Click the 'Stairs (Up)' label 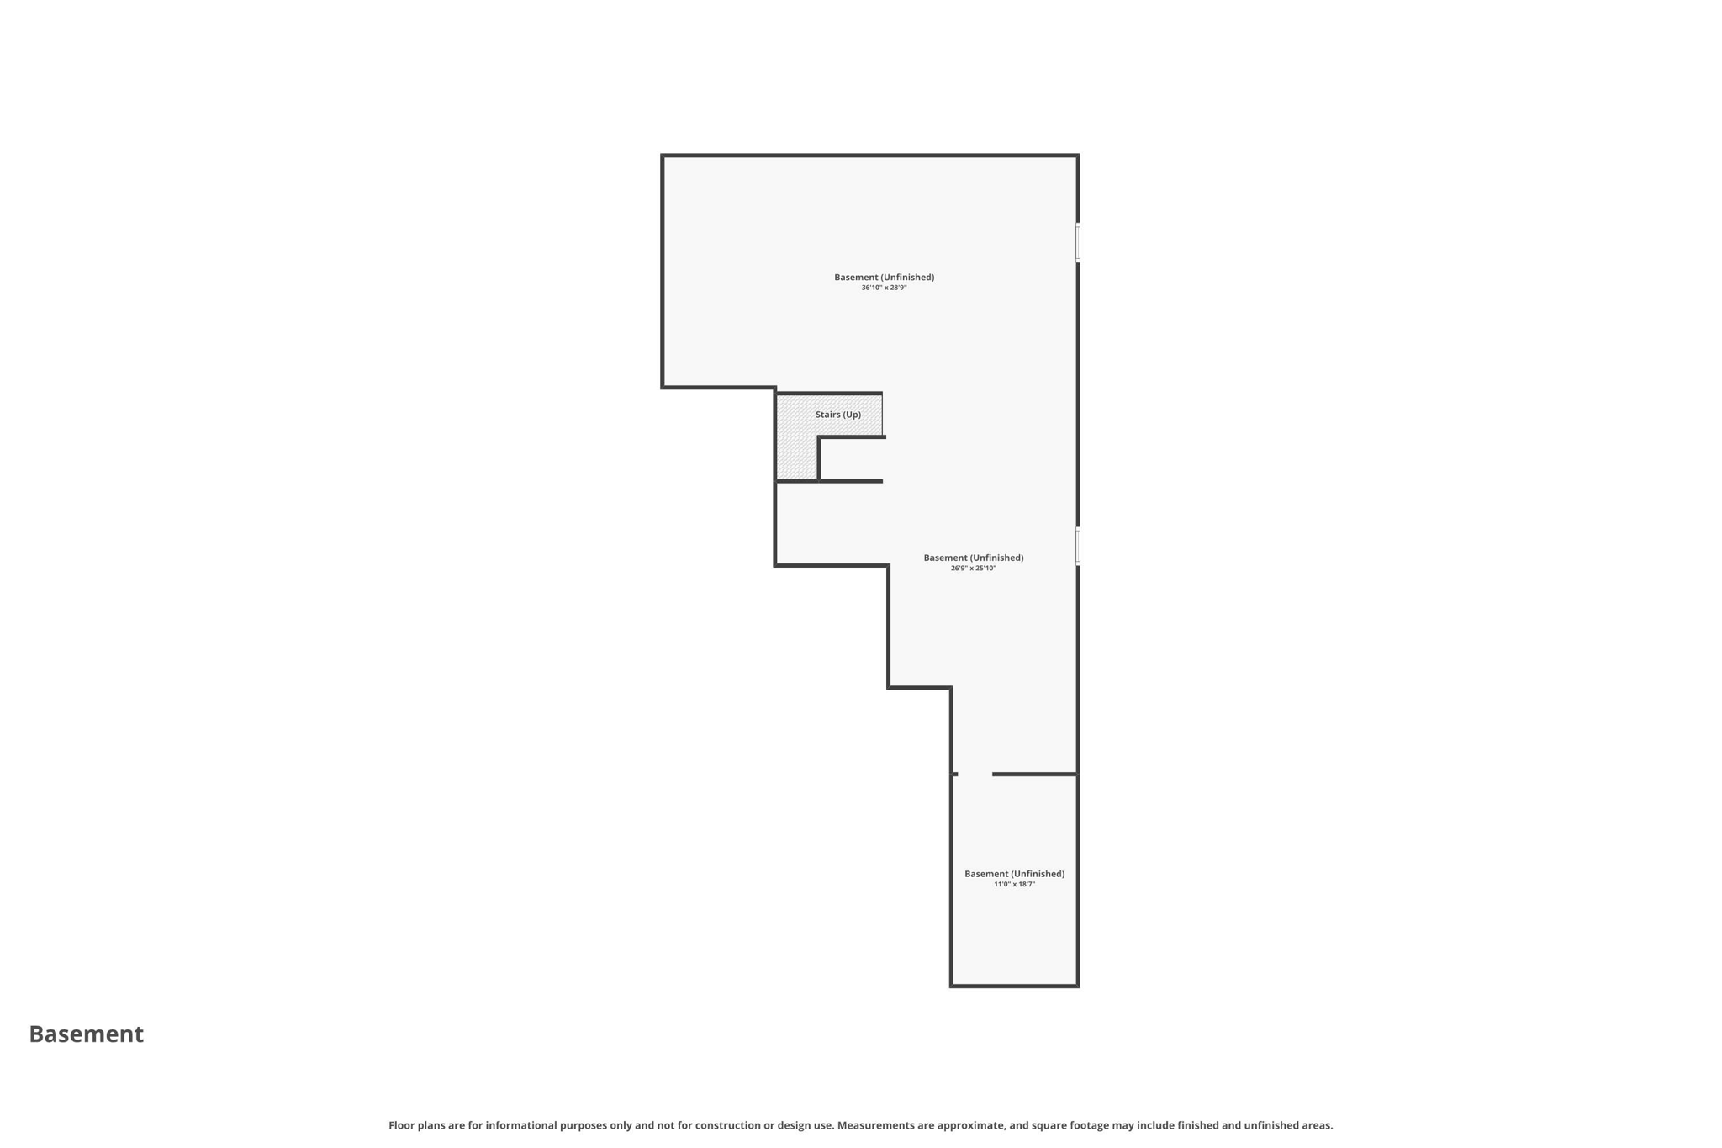pos(837,415)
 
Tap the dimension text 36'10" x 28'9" pos(884,288)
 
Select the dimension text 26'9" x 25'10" pos(973,569)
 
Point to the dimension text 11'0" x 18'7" pos(1014,884)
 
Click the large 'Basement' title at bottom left pos(87,1034)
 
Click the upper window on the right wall pos(1078,242)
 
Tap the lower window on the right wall pos(1078,546)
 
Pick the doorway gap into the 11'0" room pos(975,774)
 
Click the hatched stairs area pos(796,446)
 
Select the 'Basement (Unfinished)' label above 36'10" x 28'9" pos(884,277)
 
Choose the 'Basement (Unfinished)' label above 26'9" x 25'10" pos(973,558)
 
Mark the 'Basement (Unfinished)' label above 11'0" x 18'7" pos(1014,874)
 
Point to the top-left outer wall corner pos(663,156)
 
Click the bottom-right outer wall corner pos(1078,986)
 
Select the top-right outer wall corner pos(1078,156)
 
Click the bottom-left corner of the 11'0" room pos(952,986)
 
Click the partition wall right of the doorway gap pos(1035,774)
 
